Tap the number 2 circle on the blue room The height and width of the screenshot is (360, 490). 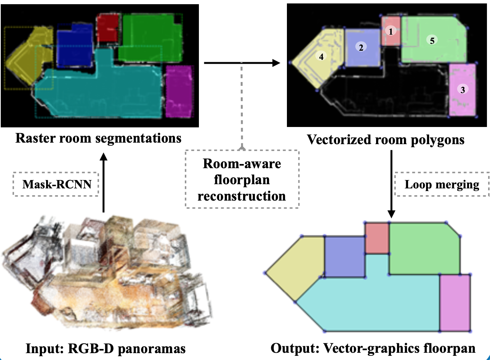pos(360,47)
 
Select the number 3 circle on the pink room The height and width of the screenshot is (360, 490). pos(463,90)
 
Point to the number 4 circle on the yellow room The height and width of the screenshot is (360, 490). pos(321,56)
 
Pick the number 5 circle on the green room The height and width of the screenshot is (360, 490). pos(432,40)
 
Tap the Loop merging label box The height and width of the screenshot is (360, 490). pos(442,185)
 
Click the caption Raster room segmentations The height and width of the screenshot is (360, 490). pos(98,138)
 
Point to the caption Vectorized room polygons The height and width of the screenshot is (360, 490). pos(386,140)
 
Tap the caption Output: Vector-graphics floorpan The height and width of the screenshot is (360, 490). pos(373,349)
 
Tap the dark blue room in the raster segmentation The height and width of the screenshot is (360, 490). pos(75,44)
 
